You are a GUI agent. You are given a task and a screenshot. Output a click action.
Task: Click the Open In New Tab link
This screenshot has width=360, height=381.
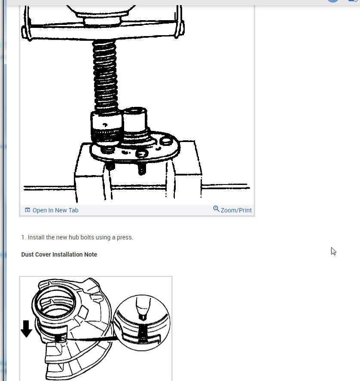point(55,210)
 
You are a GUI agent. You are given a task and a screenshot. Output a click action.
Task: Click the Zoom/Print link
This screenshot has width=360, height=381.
point(236,210)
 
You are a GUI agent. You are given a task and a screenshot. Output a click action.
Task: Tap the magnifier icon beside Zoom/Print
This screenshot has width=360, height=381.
point(216,209)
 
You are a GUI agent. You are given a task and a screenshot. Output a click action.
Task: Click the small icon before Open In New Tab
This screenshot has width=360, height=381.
point(27,210)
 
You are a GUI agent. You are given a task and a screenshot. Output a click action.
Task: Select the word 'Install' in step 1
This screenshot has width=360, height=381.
point(37,237)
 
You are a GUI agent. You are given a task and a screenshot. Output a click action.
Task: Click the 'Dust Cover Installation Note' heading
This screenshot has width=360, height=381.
point(59,254)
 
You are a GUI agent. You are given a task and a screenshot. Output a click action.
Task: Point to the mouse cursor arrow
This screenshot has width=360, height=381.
point(333,251)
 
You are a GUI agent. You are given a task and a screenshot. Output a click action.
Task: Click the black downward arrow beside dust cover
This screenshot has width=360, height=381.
point(27,328)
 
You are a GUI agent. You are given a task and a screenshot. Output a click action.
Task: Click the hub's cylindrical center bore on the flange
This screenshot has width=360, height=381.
point(134,121)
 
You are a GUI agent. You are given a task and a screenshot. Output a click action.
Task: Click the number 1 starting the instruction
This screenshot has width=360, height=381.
point(23,237)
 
